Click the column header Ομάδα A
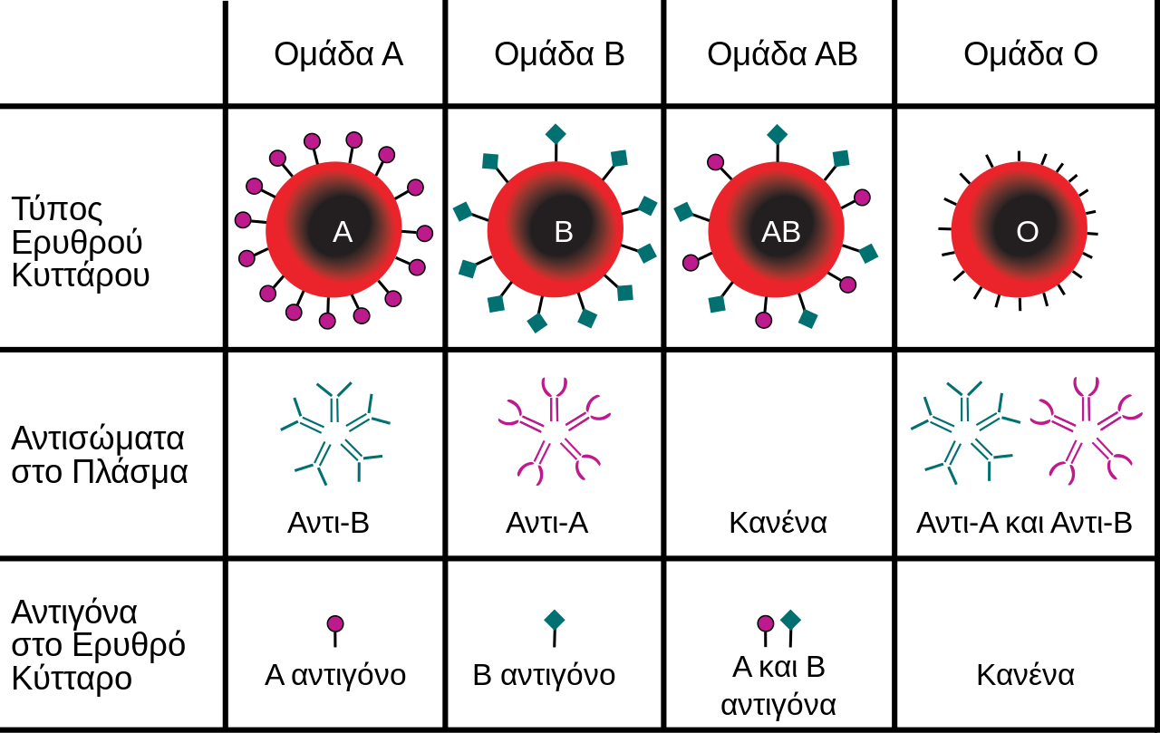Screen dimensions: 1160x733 click(x=339, y=53)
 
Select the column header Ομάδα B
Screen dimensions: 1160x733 click(x=559, y=53)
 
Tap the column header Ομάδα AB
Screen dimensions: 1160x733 click(x=782, y=53)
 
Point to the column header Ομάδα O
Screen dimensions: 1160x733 click(x=1030, y=53)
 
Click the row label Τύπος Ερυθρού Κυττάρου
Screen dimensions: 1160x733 click(x=81, y=242)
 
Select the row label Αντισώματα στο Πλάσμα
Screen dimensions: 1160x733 click(x=99, y=456)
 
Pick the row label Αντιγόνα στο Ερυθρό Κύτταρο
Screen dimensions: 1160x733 click(x=98, y=645)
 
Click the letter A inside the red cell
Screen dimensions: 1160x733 click(x=343, y=232)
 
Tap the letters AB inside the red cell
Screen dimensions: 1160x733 click(x=781, y=232)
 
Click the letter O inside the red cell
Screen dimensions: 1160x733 click(x=1028, y=232)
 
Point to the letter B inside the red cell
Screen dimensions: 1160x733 click(x=564, y=232)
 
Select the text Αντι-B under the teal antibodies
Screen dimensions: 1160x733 click(x=328, y=523)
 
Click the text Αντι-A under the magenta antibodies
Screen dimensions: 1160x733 click(x=546, y=523)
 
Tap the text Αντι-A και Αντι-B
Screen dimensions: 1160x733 click(x=1024, y=523)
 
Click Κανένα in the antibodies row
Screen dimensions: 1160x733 click(x=778, y=523)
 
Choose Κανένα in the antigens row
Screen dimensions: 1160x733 click(x=1025, y=675)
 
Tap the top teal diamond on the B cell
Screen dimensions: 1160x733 click(x=556, y=134)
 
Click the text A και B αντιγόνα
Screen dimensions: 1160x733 click(x=778, y=685)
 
